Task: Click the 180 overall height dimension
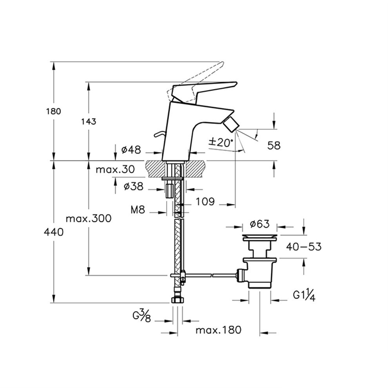(54, 111)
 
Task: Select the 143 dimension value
(88, 121)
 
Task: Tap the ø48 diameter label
(131, 149)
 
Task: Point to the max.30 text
(115, 170)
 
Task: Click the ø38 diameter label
(133, 187)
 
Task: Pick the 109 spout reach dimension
(205, 202)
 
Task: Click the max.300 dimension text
(89, 218)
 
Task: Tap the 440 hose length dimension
(54, 232)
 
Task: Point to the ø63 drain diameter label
(260, 224)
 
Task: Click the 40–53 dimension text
(304, 246)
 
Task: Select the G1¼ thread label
(304, 295)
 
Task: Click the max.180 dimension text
(218, 330)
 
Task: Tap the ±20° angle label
(221, 142)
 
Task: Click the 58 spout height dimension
(274, 146)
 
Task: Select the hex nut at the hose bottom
(178, 300)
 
